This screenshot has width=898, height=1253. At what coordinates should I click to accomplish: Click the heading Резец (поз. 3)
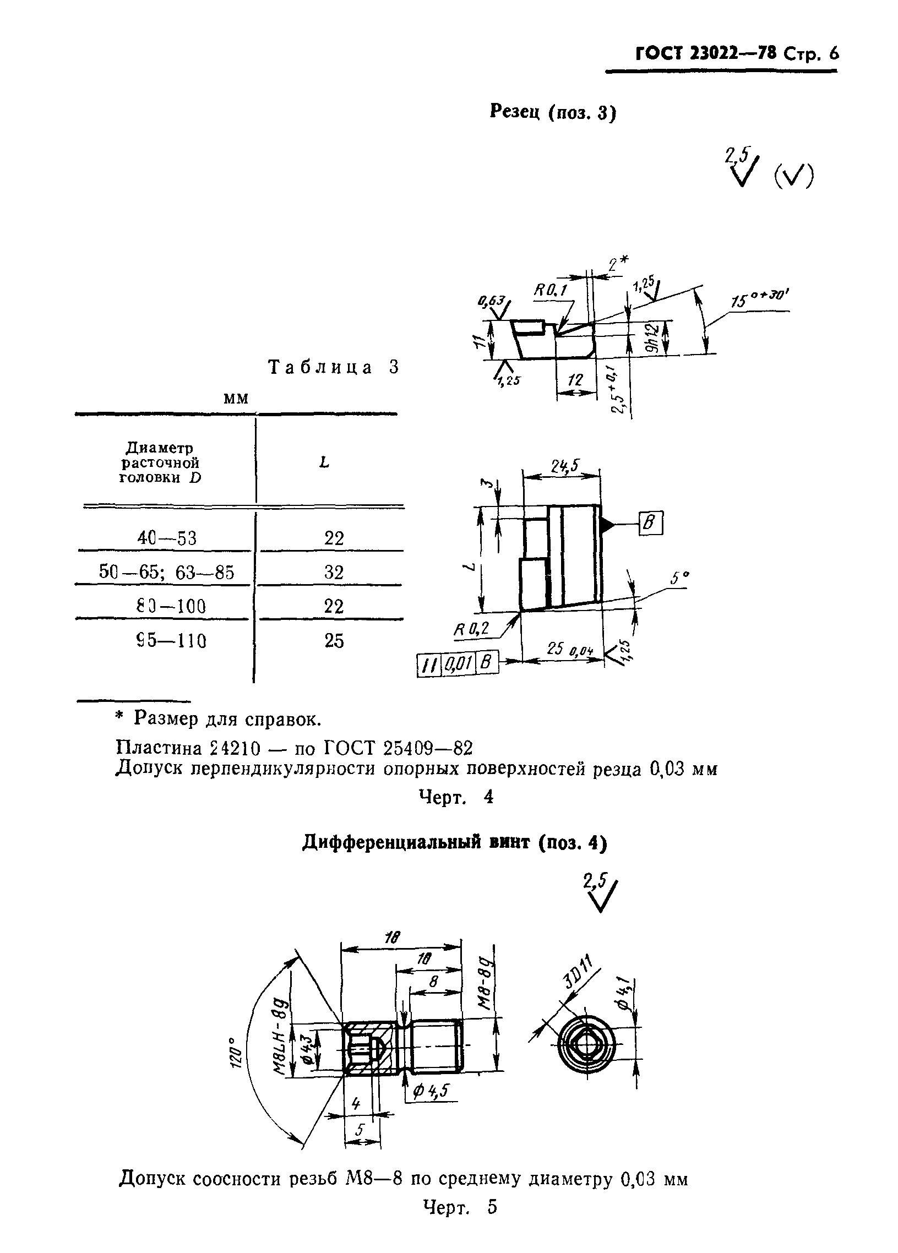point(553,112)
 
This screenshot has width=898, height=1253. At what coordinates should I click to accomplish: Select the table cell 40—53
point(167,537)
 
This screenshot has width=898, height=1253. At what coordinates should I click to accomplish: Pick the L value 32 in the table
point(334,572)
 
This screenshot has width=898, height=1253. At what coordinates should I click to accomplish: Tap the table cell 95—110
point(171,640)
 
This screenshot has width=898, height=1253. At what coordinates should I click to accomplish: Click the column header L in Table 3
point(324,462)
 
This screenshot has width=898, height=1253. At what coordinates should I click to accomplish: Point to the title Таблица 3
point(333,367)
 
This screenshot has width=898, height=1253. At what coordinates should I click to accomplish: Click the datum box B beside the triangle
point(650,523)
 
